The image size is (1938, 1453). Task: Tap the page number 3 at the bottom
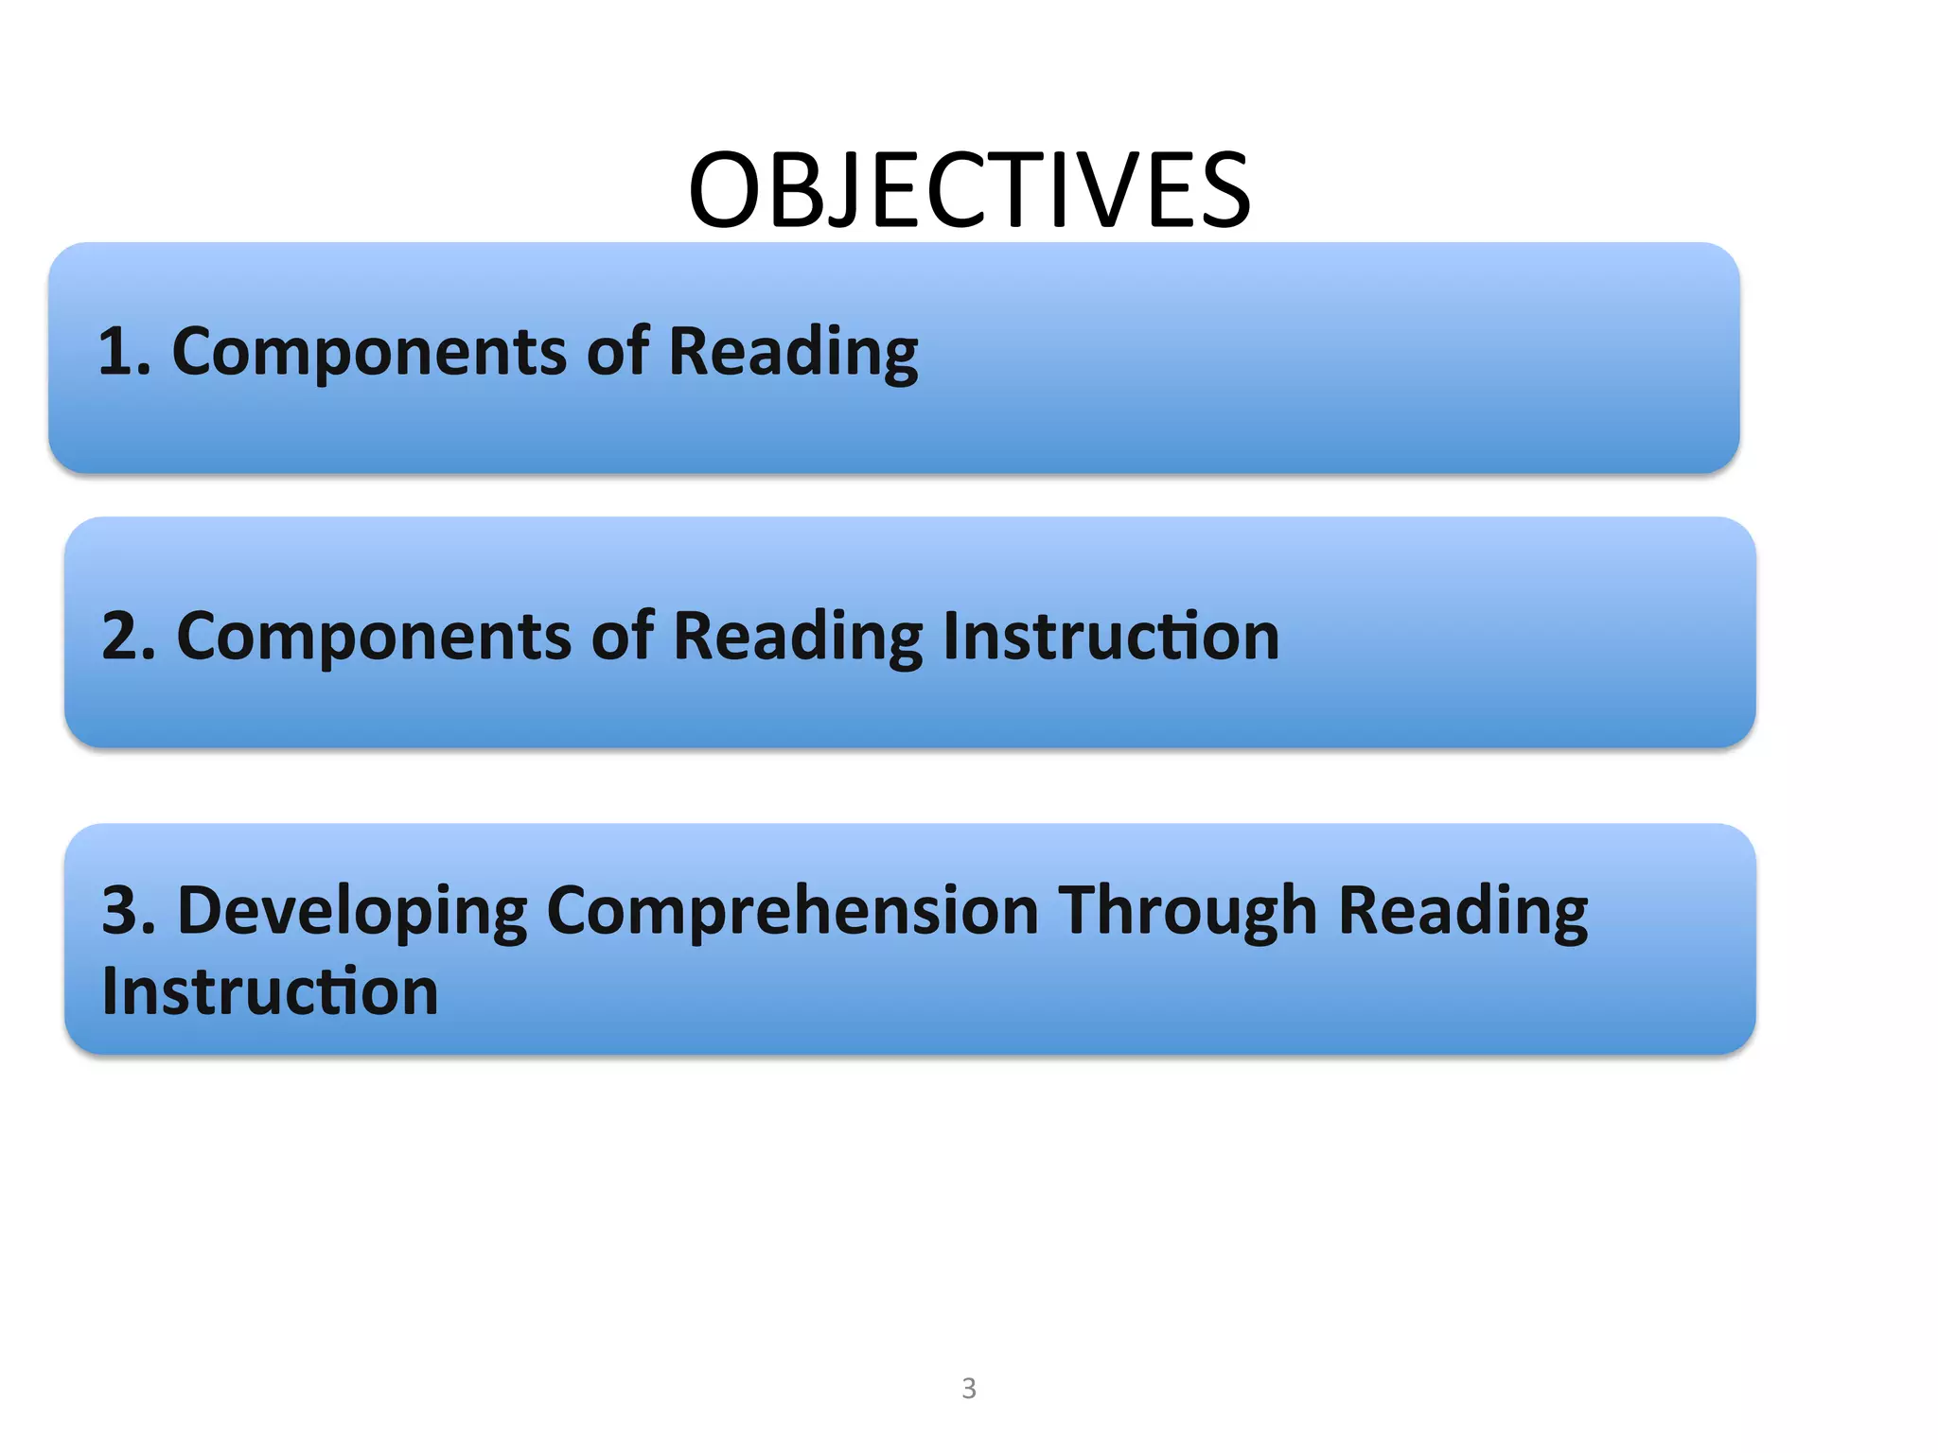[968, 1388]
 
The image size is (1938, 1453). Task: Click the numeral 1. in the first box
[124, 352]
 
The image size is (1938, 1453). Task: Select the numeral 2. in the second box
[128, 636]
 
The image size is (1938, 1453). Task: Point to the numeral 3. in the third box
[128, 910]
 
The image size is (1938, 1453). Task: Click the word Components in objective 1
[368, 352]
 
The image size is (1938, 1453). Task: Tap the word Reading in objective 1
[793, 352]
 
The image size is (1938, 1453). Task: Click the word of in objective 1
[618, 350]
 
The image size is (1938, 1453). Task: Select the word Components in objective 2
[373, 636]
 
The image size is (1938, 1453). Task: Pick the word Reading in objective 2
[798, 636]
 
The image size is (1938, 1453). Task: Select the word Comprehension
[793, 910]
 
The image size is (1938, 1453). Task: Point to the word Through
[1188, 910]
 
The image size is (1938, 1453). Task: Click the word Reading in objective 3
[1463, 910]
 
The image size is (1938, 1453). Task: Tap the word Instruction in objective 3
[271, 991]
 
